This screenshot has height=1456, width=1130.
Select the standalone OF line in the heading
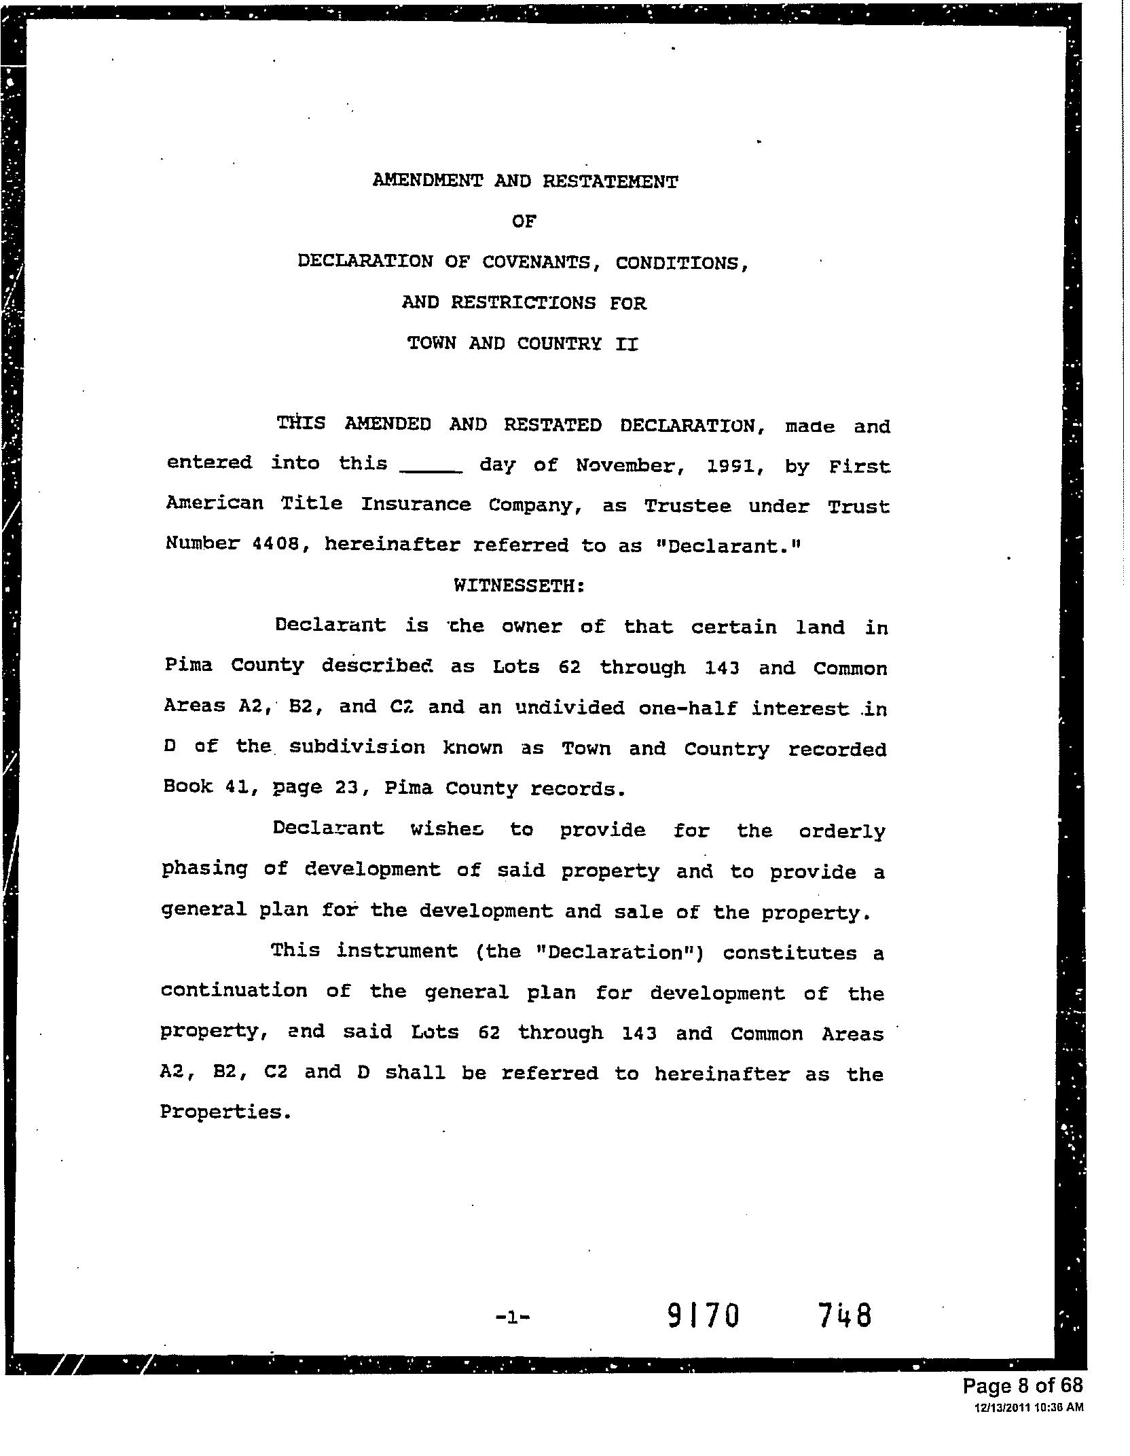(524, 221)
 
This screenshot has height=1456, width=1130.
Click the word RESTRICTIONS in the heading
(523, 303)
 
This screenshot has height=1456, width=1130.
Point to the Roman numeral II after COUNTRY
(626, 344)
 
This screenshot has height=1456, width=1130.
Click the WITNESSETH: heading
(520, 585)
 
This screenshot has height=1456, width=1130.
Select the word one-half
(687, 708)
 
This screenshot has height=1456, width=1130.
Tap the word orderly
(842, 831)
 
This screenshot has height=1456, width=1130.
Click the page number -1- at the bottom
(513, 1317)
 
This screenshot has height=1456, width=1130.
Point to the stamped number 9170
(702, 1316)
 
